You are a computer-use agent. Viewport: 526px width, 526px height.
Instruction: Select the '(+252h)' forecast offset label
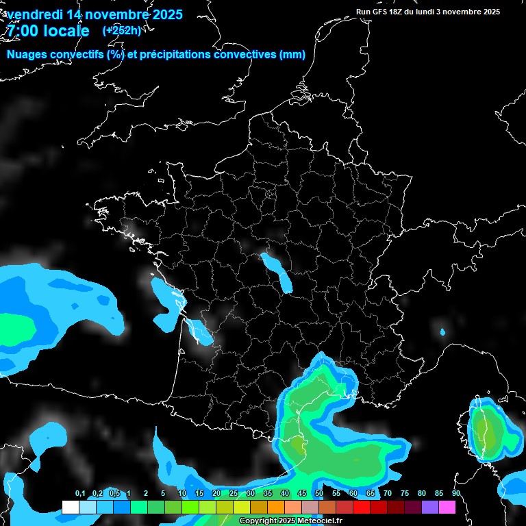(x=121, y=30)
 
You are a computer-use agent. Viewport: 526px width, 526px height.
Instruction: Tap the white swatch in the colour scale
(x=70, y=507)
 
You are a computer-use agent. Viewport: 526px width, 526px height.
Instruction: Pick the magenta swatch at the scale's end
(x=447, y=507)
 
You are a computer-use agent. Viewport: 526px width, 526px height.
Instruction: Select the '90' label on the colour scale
(x=455, y=494)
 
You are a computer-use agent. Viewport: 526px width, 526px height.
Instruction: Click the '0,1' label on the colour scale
(x=79, y=494)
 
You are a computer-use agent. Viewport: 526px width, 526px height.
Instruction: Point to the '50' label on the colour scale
(x=319, y=494)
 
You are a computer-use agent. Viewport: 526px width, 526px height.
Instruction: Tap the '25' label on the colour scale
(x=234, y=494)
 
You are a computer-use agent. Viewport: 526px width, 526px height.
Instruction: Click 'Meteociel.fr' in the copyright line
(x=319, y=521)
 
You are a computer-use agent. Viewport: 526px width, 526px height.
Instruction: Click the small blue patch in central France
(x=276, y=271)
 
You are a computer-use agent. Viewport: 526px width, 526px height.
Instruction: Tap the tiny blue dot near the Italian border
(x=442, y=333)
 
